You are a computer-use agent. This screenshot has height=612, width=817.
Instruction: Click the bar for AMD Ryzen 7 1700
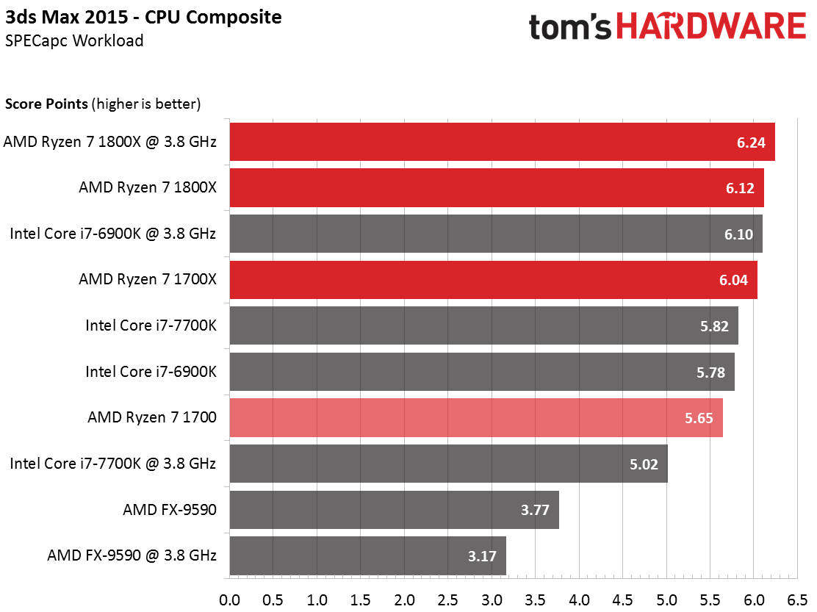click(476, 417)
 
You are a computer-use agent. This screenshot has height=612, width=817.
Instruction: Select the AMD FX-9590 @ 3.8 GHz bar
click(367, 555)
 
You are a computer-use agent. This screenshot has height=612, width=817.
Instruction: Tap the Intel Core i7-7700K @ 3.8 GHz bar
click(448, 464)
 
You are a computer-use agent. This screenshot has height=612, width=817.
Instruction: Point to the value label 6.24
click(752, 143)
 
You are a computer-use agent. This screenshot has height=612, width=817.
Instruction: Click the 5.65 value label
click(699, 418)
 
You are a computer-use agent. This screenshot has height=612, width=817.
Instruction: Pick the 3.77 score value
click(535, 510)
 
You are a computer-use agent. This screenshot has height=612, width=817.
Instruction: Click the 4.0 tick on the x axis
click(580, 600)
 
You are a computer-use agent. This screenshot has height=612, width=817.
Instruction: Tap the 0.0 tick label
click(230, 600)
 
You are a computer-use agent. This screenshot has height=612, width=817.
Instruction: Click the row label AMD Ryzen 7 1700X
click(148, 279)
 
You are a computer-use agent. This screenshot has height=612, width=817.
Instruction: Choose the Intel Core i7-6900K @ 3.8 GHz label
click(113, 234)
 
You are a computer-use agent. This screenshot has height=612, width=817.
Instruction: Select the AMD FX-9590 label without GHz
click(170, 509)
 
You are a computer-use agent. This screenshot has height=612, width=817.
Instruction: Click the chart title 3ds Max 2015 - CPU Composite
click(144, 16)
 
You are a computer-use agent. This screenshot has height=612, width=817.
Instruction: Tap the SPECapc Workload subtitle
click(73, 40)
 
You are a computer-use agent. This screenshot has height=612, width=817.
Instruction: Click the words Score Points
click(47, 104)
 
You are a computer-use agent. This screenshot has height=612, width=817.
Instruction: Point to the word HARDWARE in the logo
click(711, 27)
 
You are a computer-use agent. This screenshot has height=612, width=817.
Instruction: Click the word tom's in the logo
click(571, 27)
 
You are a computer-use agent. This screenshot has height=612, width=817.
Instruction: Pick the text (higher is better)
click(147, 104)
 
